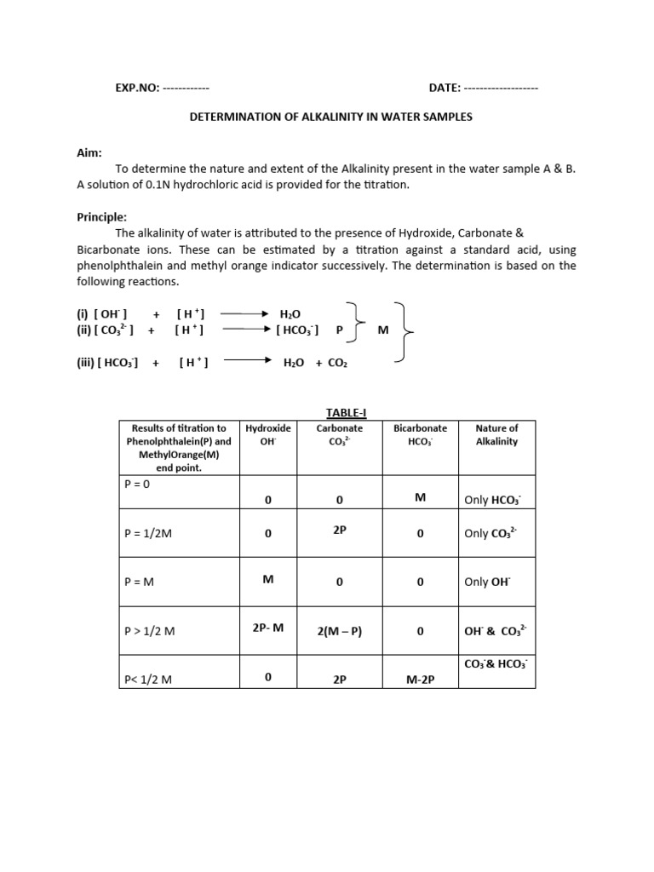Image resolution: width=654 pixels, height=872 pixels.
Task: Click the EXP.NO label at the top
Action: coord(137,88)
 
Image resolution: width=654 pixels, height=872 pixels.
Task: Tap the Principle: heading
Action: coord(100,217)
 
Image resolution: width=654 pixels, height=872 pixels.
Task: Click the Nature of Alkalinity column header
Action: coord(496,435)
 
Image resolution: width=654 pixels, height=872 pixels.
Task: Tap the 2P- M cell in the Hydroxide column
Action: coord(267,628)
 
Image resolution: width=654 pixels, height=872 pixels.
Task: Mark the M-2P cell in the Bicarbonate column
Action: coord(420,679)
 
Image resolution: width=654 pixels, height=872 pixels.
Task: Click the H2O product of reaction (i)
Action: coord(290,314)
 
